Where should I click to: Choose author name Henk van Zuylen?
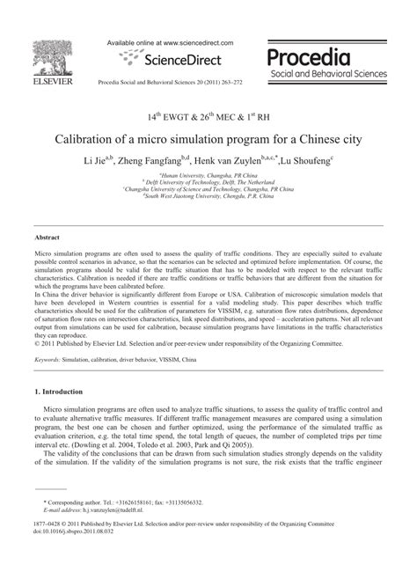click(241, 162)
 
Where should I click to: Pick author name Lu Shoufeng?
click(307, 162)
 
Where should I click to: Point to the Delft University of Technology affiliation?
click(208, 183)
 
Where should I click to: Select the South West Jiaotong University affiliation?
click(208, 197)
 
